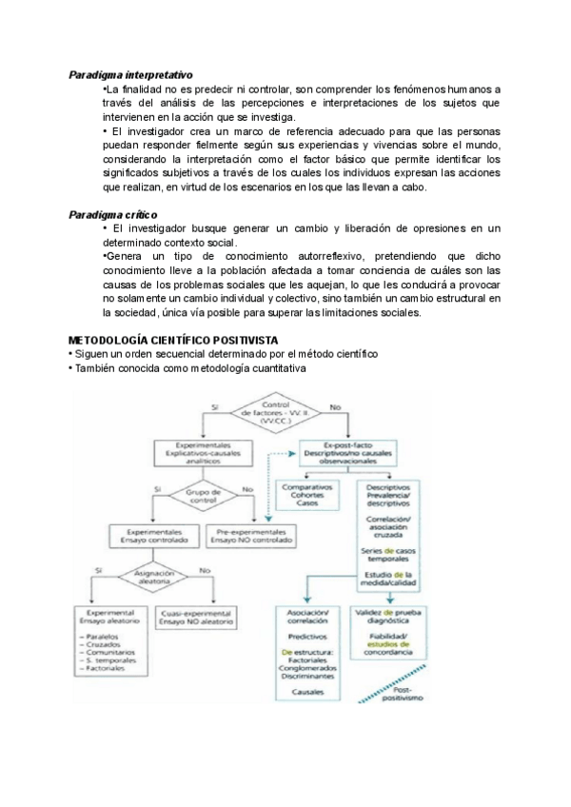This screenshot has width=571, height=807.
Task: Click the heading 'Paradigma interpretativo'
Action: (130, 73)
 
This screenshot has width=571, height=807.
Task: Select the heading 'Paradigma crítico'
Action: (113, 215)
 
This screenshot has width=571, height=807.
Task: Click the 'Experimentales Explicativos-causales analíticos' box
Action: (202, 450)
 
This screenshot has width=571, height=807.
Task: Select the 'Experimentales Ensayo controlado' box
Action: (153, 534)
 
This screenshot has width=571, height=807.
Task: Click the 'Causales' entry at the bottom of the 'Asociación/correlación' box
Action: (306, 691)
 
